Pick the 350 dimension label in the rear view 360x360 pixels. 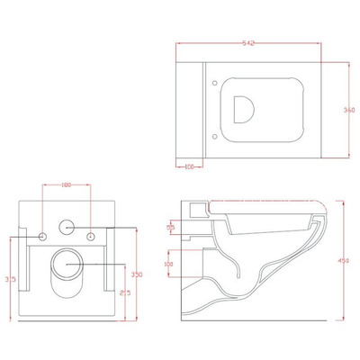(x=137, y=273)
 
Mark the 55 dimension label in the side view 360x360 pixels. (x=172, y=229)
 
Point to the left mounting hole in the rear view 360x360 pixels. (x=42, y=236)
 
